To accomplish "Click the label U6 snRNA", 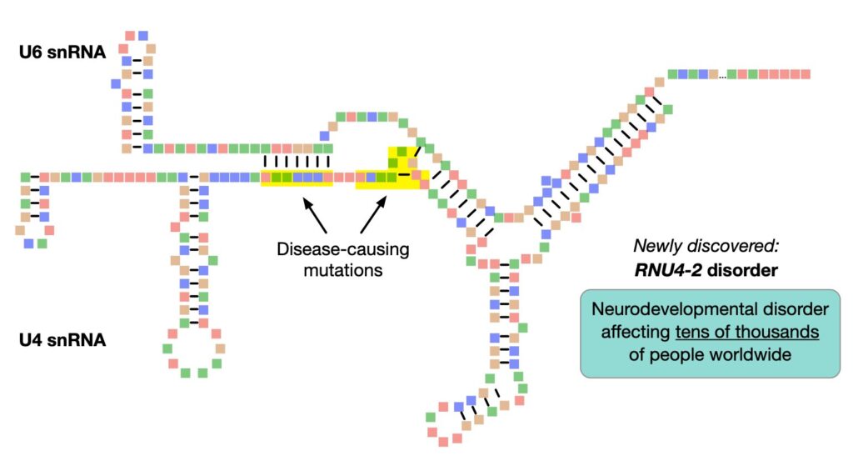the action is (x=62, y=53).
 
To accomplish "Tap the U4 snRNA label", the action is (x=62, y=339).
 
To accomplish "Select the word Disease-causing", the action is (x=342, y=249).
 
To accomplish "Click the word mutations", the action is (x=342, y=270).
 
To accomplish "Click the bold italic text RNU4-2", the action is (x=668, y=270).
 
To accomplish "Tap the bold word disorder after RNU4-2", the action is (x=742, y=270).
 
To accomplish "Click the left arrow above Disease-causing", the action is (x=315, y=216).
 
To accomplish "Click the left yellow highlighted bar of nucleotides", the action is (x=297, y=178).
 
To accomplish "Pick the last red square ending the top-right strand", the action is (x=806, y=74).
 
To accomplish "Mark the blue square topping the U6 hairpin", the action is (x=143, y=36).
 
